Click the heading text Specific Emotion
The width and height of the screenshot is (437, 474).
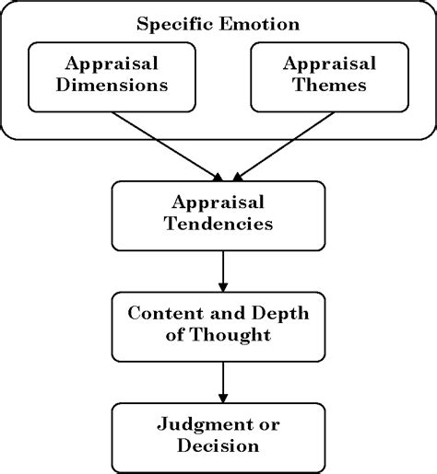[x=218, y=24]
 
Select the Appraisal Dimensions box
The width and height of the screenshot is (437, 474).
[x=113, y=75]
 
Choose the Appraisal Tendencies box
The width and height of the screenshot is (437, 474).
[x=218, y=214]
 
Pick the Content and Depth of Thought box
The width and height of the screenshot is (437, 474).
[x=218, y=325]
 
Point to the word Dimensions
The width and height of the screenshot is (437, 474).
[x=113, y=87]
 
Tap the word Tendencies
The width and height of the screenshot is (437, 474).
[x=218, y=225]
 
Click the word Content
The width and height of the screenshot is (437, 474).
[x=162, y=314]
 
